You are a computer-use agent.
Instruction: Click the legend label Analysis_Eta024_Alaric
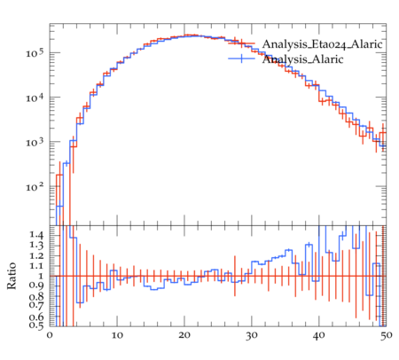(323, 44)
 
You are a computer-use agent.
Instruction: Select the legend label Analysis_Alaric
(302, 59)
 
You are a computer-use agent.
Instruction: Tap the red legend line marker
(241, 43)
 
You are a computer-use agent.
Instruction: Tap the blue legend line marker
(241, 59)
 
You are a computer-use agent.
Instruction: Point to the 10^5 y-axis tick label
(35, 52)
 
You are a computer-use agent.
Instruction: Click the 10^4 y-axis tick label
(35, 97)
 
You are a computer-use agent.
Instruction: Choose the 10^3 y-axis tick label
(35, 141)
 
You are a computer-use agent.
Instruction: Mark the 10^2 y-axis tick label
(35, 186)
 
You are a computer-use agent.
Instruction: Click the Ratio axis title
(12, 276)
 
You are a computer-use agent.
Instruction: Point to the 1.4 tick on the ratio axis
(36, 235)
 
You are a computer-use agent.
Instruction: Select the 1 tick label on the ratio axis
(41, 276)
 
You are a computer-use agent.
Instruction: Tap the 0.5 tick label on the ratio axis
(36, 325)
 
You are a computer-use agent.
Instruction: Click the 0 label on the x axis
(50, 335)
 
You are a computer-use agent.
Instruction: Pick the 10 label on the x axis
(117, 335)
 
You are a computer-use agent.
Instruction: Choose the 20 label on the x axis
(184, 335)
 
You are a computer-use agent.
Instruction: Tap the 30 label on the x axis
(252, 336)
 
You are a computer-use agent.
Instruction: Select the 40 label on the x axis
(319, 335)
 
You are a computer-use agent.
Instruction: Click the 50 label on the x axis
(386, 335)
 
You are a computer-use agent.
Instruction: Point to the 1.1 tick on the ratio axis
(36, 266)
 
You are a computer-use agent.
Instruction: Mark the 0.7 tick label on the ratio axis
(36, 305)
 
